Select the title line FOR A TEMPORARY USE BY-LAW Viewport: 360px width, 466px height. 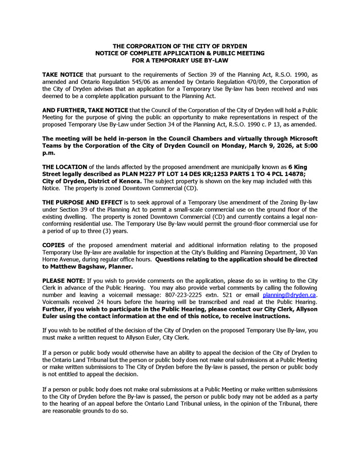[180, 60]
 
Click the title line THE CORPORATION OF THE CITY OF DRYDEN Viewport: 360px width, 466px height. [180, 46]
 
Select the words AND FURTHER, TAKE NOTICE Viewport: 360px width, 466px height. [85, 110]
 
